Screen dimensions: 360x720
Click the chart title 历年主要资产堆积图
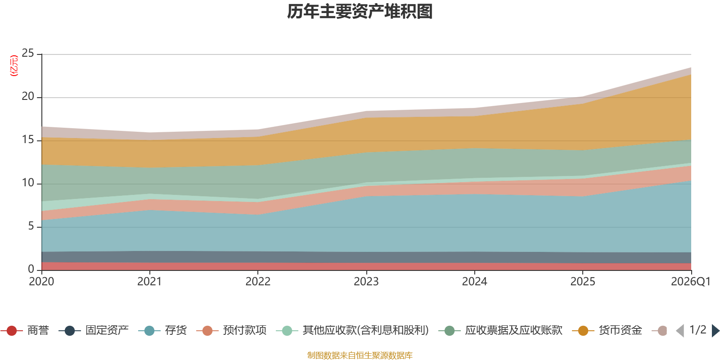360,12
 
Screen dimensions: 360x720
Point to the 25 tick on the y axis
28,54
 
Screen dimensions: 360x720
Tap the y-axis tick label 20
28,97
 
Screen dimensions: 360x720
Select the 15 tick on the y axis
28,140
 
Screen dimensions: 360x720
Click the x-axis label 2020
41,282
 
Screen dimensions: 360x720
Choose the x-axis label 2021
149,282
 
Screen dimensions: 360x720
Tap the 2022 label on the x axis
258,282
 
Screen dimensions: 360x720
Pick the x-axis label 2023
366,282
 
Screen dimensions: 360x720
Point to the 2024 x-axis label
474,282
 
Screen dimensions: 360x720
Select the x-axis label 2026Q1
690,282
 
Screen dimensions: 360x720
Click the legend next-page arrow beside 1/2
715,331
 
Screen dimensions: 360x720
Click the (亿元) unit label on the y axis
14,66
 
